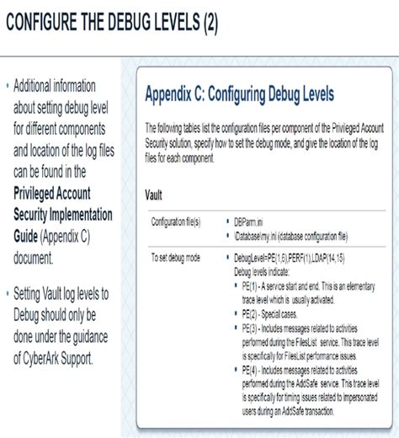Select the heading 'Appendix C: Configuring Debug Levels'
click(x=240, y=93)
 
